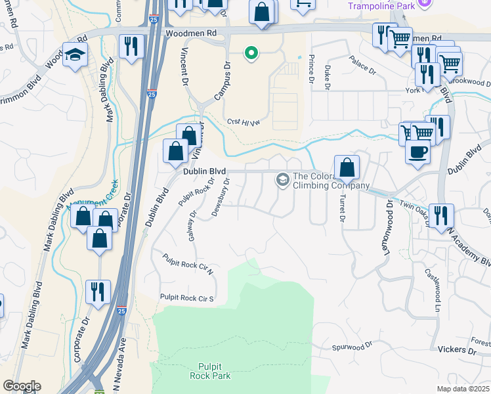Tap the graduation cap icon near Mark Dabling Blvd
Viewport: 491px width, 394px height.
pos(75,55)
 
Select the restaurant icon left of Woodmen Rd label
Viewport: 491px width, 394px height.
pos(131,46)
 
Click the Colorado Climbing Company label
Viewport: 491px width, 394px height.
pos(328,181)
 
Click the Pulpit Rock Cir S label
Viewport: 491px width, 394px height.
pos(188,298)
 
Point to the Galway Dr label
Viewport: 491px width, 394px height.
pos(192,225)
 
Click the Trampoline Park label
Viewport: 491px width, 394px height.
pos(380,6)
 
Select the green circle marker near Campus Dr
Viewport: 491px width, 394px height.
pos(250,53)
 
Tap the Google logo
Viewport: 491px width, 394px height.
pos(22,386)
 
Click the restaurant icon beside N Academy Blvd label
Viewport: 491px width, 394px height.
pos(440,215)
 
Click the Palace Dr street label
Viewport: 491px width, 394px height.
pos(362,67)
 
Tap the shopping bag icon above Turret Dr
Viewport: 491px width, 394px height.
pos(347,167)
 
